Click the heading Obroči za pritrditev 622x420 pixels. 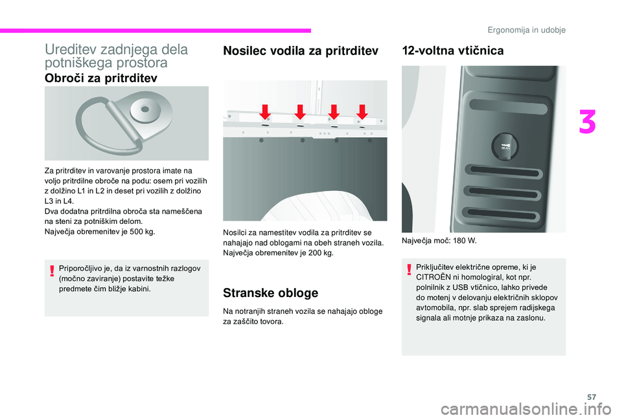100,78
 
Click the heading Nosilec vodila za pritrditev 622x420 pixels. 301,51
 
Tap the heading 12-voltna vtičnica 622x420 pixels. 452,51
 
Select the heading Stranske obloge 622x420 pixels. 270,293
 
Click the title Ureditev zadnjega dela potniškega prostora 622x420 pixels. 115,56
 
